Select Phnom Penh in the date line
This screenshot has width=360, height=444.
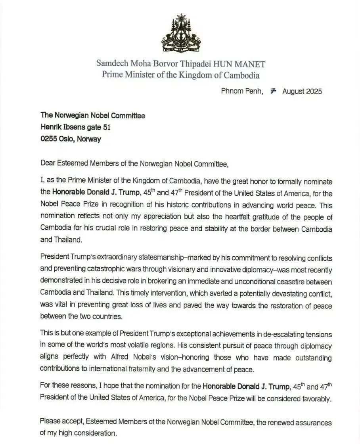coord(241,91)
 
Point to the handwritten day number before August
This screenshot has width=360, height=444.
coord(272,91)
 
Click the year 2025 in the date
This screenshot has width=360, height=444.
coord(313,91)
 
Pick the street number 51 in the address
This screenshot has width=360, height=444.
coord(106,127)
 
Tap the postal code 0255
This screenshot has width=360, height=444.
coord(50,139)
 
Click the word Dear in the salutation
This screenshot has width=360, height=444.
coord(48,163)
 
